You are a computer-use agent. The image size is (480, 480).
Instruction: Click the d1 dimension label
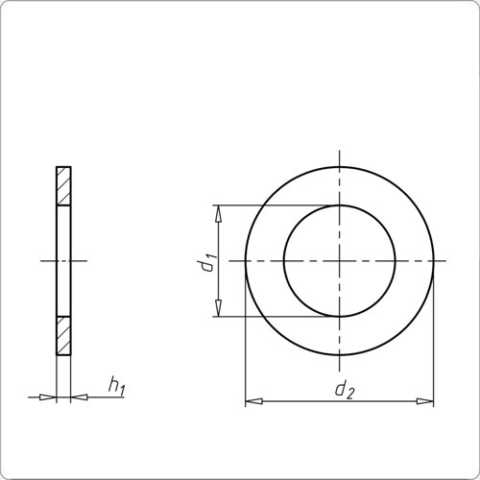pos(206,261)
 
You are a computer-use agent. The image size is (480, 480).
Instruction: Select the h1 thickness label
pos(116,386)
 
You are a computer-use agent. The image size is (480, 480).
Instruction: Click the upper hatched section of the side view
pos(63,185)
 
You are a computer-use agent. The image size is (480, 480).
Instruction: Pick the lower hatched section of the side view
pos(63,336)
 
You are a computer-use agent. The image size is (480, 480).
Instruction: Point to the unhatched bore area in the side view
pos(63,261)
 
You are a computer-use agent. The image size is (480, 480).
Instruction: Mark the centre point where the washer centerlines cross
pos(339,260)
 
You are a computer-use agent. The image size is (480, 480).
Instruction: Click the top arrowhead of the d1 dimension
pos(219,212)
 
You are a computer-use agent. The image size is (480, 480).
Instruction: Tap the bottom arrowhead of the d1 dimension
pos(219,309)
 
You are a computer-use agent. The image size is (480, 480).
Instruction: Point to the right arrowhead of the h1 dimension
pos(80,396)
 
